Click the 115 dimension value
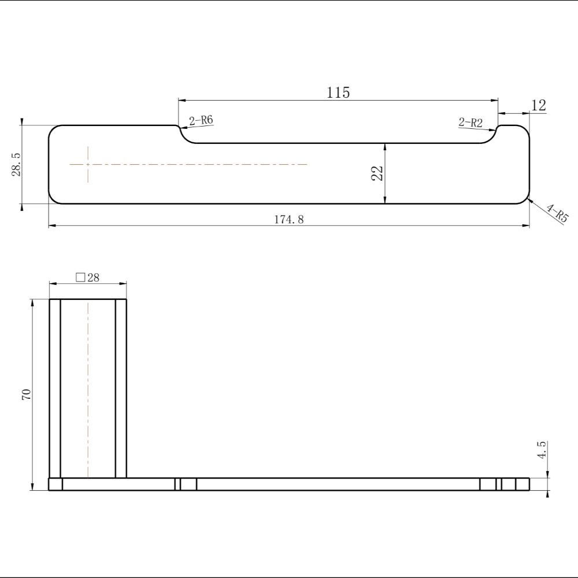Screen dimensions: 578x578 [338, 92]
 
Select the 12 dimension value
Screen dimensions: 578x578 [539, 105]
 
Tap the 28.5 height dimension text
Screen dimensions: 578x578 [17, 164]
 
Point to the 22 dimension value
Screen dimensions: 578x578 [377, 173]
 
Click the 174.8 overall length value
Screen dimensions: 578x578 [289, 219]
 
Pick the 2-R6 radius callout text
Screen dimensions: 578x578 [201, 120]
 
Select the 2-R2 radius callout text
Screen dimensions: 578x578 [470, 122]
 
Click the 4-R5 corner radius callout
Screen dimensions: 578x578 [557, 213]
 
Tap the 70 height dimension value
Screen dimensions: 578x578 [27, 394]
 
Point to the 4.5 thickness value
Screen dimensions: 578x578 [541, 450]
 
